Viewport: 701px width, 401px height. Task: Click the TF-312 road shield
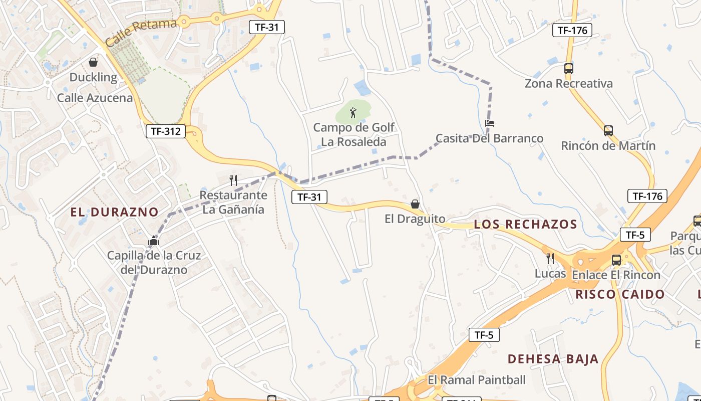point(166,132)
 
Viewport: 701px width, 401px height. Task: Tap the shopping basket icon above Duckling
point(93,62)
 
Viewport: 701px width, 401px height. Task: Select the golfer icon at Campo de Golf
point(353,113)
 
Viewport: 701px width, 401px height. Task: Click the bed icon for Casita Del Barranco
point(490,123)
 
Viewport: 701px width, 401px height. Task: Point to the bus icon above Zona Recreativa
point(568,69)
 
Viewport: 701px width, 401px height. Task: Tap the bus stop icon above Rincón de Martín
point(608,131)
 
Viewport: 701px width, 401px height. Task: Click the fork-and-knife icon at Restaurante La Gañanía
point(233,180)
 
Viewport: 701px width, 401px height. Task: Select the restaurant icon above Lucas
point(550,259)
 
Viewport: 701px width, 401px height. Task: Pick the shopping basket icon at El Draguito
point(415,204)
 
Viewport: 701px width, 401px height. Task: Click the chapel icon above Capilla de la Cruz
point(154,241)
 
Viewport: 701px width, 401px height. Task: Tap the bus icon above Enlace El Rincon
point(616,260)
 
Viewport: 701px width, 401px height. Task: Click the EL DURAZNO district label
point(114,212)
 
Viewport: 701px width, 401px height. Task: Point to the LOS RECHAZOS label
point(526,224)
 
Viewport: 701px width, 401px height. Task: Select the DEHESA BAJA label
point(553,359)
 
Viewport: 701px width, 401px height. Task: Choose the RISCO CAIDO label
point(620,294)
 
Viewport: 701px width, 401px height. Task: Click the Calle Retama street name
point(142,33)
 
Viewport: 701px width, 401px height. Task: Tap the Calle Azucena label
point(95,98)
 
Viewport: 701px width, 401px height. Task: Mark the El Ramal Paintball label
point(477,380)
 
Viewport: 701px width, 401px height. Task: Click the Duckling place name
point(93,77)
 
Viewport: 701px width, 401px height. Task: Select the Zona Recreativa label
point(568,84)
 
